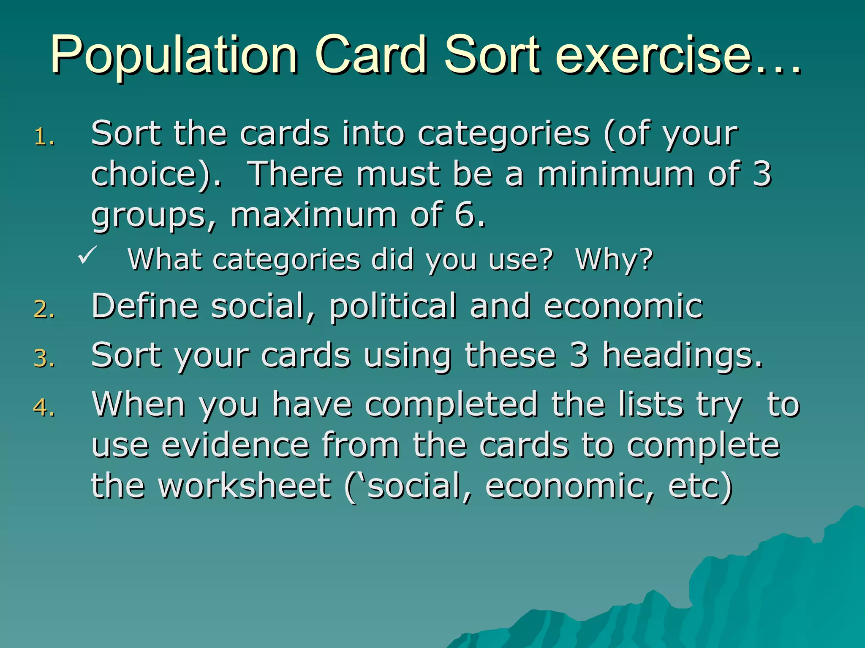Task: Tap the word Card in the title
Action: (370, 55)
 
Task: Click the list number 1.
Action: (44, 138)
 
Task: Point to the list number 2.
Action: (44, 310)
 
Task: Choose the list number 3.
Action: (44, 359)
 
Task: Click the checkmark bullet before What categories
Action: (88, 255)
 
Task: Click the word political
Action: (393, 306)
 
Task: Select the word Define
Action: (145, 305)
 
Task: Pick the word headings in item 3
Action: (682, 356)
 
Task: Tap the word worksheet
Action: (245, 486)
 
